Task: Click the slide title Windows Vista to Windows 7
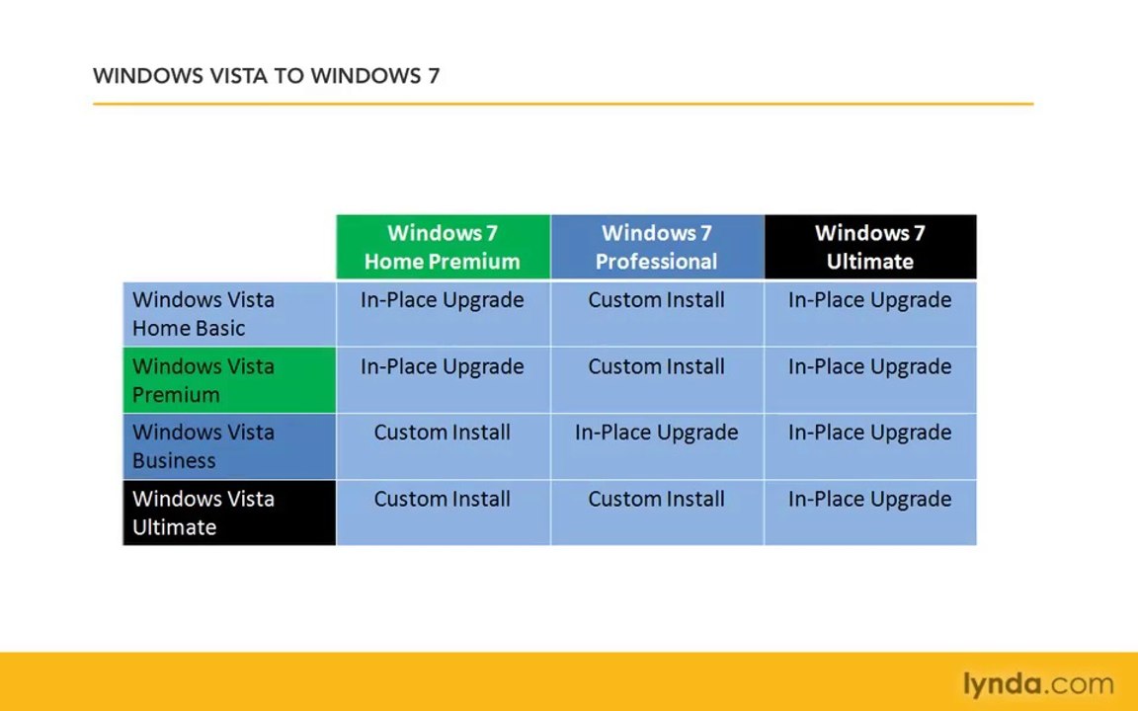(266, 76)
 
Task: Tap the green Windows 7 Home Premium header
(443, 247)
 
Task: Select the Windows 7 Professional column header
(657, 247)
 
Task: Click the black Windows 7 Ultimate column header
(870, 247)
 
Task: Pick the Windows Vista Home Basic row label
(229, 314)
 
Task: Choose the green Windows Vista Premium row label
(229, 380)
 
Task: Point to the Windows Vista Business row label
(229, 446)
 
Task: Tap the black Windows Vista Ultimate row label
(229, 513)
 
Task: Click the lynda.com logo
(1038, 683)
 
